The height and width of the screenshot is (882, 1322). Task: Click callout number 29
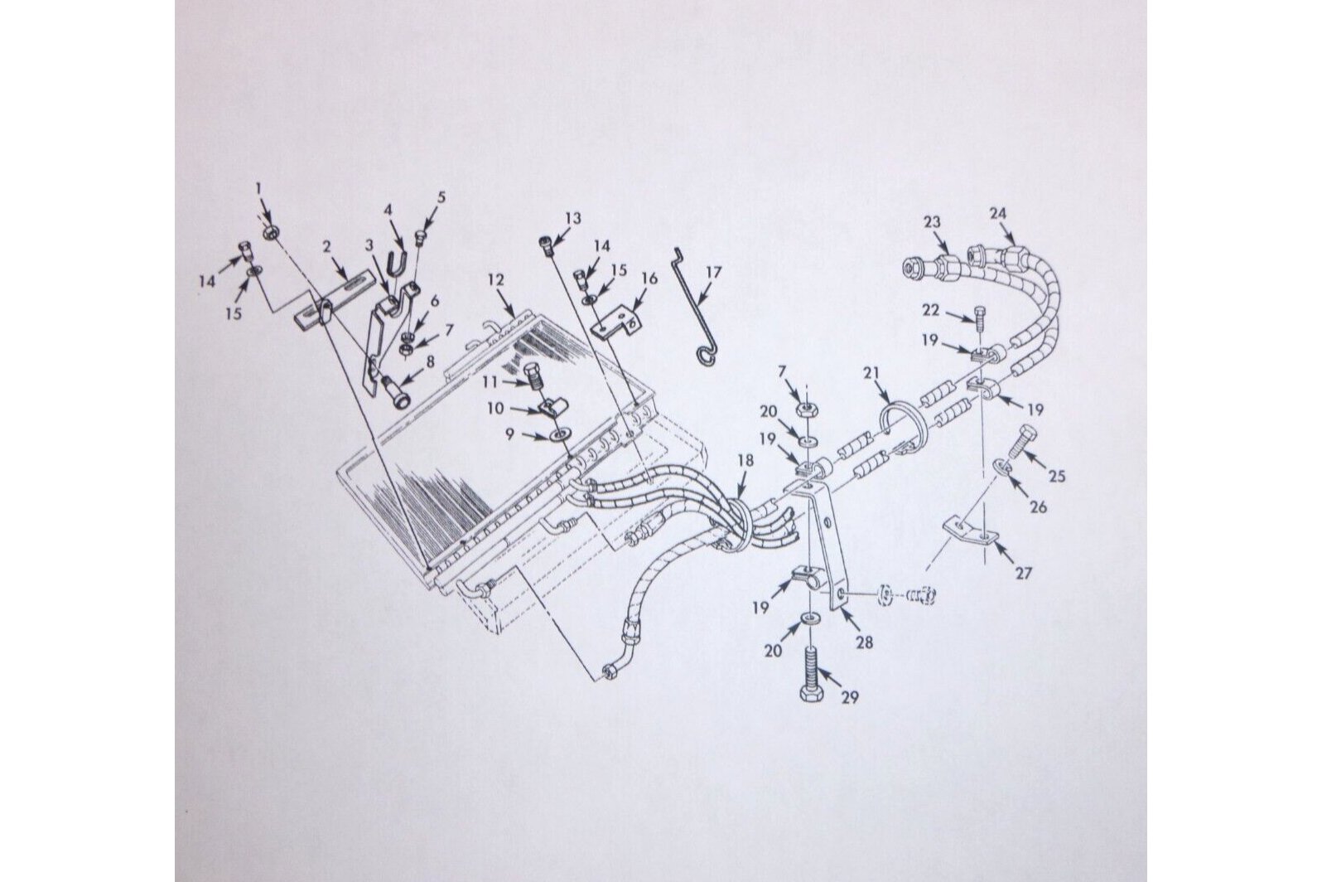(851, 697)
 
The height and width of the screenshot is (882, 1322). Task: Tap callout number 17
(713, 273)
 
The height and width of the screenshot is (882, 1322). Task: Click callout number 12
(496, 280)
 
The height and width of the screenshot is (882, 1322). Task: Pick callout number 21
(871, 373)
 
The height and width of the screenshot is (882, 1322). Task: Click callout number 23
(931, 223)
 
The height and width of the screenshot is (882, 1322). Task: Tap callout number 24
(998, 213)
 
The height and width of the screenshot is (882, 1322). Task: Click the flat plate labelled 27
(970, 530)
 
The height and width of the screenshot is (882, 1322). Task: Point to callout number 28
(865, 642)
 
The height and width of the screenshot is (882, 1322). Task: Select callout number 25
(1056, 475)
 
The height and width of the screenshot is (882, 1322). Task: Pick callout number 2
(327, 247)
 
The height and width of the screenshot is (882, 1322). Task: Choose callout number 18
(746, 461)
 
